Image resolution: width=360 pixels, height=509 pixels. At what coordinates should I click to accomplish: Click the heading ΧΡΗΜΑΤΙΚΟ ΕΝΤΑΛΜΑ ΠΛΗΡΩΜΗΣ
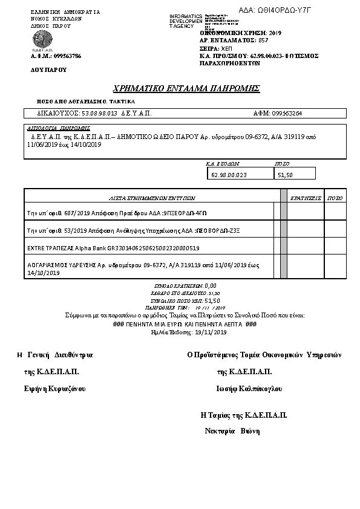point(186,88)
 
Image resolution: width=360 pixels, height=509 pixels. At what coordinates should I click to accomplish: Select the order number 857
point(263,40)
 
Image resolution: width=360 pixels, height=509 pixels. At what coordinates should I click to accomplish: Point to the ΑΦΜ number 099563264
point(287,113)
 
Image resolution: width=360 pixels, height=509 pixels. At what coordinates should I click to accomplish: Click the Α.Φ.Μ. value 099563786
point(64,56)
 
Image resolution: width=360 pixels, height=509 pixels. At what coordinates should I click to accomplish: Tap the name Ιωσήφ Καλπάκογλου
point(249,388)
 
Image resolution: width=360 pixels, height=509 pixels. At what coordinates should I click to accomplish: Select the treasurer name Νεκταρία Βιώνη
point(233,431)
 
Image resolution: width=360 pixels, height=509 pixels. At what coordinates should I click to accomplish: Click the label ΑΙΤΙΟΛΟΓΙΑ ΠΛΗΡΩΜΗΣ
point(59,128)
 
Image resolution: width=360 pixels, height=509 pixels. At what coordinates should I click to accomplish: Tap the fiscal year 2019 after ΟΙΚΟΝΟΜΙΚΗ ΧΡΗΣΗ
point(275,33)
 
